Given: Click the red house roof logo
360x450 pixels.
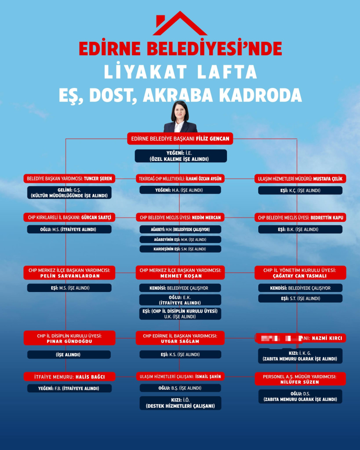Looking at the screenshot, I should point(180,24).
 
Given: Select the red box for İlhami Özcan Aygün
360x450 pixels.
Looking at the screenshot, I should point(180,179).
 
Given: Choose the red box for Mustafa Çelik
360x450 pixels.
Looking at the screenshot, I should point(300,179).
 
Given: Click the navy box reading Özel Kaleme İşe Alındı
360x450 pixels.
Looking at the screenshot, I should point(180,156).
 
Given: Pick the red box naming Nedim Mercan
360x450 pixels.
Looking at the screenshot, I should point(180,218).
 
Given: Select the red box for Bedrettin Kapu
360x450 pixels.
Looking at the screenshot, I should point(300,218).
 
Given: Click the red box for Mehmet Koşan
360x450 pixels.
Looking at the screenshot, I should point(180,273).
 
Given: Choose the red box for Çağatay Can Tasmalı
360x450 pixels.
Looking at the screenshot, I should point(300,273).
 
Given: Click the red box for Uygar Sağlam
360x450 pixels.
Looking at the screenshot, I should point(180,338).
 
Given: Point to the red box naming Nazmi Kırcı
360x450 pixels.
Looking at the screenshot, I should point(300,338).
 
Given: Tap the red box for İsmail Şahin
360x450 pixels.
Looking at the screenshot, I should point(180,377).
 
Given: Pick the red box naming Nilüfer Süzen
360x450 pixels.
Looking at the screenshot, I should point(300,379).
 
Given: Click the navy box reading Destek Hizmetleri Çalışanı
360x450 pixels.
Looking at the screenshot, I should point(180,403).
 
